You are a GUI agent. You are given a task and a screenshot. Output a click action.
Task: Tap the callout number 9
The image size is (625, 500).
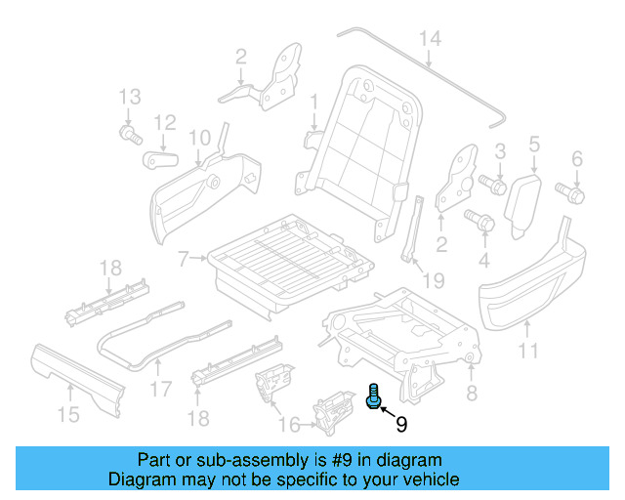400,424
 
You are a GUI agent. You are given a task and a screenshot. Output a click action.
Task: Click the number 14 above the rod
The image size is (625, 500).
430,39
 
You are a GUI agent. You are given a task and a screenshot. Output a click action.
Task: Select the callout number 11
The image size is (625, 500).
527,352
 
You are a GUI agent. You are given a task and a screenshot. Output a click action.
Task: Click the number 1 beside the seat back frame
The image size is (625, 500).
314,102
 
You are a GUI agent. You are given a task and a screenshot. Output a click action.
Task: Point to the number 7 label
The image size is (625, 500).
182,259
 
